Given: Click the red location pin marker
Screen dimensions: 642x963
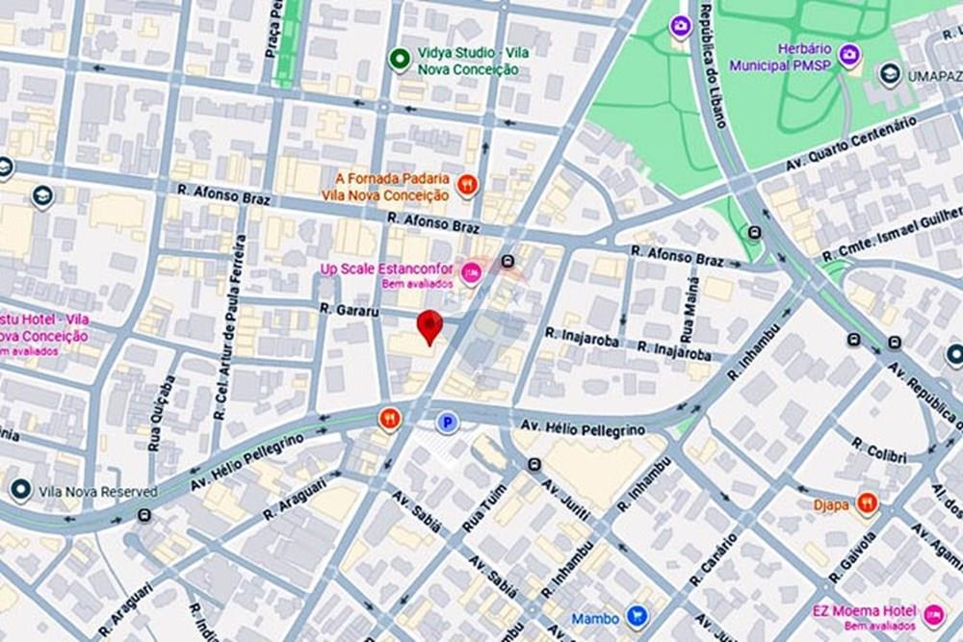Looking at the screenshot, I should (429, 326).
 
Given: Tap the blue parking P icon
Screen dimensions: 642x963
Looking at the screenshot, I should (447, 422).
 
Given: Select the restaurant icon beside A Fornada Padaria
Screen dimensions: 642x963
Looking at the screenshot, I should (467, 186).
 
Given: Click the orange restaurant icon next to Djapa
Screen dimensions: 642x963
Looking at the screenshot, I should (867, 502).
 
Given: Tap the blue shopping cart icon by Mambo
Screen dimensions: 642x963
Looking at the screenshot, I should (636, 615).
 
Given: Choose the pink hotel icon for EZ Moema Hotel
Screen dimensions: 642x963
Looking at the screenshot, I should (932, 614).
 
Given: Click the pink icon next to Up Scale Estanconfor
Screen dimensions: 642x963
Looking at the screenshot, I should (471, 274).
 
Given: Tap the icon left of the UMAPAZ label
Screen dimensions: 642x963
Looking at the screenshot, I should (890, 73).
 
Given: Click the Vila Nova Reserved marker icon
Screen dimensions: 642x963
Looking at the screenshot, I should (19, 491).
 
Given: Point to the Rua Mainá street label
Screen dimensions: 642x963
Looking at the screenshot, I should (688, 319).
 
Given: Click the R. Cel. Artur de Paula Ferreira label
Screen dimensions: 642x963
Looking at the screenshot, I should (234, 326).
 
